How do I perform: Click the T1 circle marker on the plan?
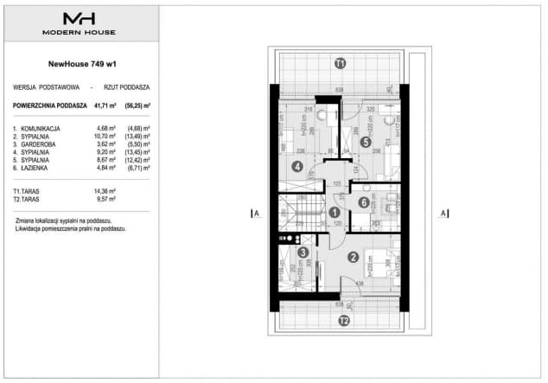(341, 63)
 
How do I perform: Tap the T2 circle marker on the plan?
(343, 322)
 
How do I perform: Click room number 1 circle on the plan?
(334, 212)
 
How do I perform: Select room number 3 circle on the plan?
(303, 253)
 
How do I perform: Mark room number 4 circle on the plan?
(297, 167)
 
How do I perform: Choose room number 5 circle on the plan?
(366, 143)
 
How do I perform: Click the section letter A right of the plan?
(441, 213)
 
